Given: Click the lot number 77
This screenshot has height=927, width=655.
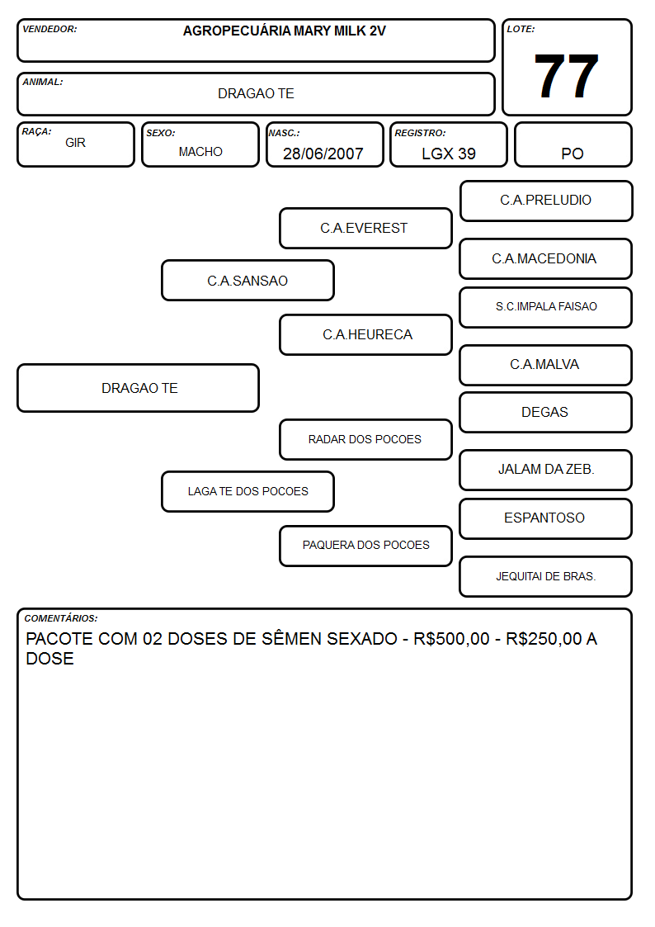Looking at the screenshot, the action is click(x=566, y=76).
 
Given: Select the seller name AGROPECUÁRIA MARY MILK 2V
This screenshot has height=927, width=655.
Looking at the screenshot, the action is click(x=284, y=31).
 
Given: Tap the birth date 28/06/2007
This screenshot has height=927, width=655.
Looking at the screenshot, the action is click(x=323, y=154).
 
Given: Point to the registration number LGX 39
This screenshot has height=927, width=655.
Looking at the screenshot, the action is click(x=448, y=154).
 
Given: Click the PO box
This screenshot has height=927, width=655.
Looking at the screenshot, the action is click(x=573, y=144).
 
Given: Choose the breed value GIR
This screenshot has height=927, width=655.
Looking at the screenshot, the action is click(x=75, y=143).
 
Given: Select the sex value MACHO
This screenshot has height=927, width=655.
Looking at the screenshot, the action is click(x=200, y=152).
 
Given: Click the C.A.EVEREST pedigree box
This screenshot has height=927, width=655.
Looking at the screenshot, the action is click(x=365, y=228).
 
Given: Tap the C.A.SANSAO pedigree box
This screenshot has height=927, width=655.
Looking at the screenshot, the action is click(x=247, y=280).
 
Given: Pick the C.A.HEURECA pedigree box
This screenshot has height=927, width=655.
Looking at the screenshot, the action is click(x=365, y=334).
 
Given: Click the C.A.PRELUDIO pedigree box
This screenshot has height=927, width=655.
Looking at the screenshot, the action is click(x=546, y=201).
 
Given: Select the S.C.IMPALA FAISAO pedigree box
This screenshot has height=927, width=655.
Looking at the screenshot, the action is click(x=546, y=307).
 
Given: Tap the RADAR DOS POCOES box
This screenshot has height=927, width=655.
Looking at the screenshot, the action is click(x=365, y=439).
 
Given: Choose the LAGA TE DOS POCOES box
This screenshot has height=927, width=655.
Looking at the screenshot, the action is click(x=247, y=491).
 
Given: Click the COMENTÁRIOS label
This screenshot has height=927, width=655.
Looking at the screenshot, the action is click(x=61, y=618).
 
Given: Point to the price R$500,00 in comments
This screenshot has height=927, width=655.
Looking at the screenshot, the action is click(x=451, y=639).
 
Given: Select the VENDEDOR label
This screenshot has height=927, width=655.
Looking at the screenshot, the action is click(x=49, y=29).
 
